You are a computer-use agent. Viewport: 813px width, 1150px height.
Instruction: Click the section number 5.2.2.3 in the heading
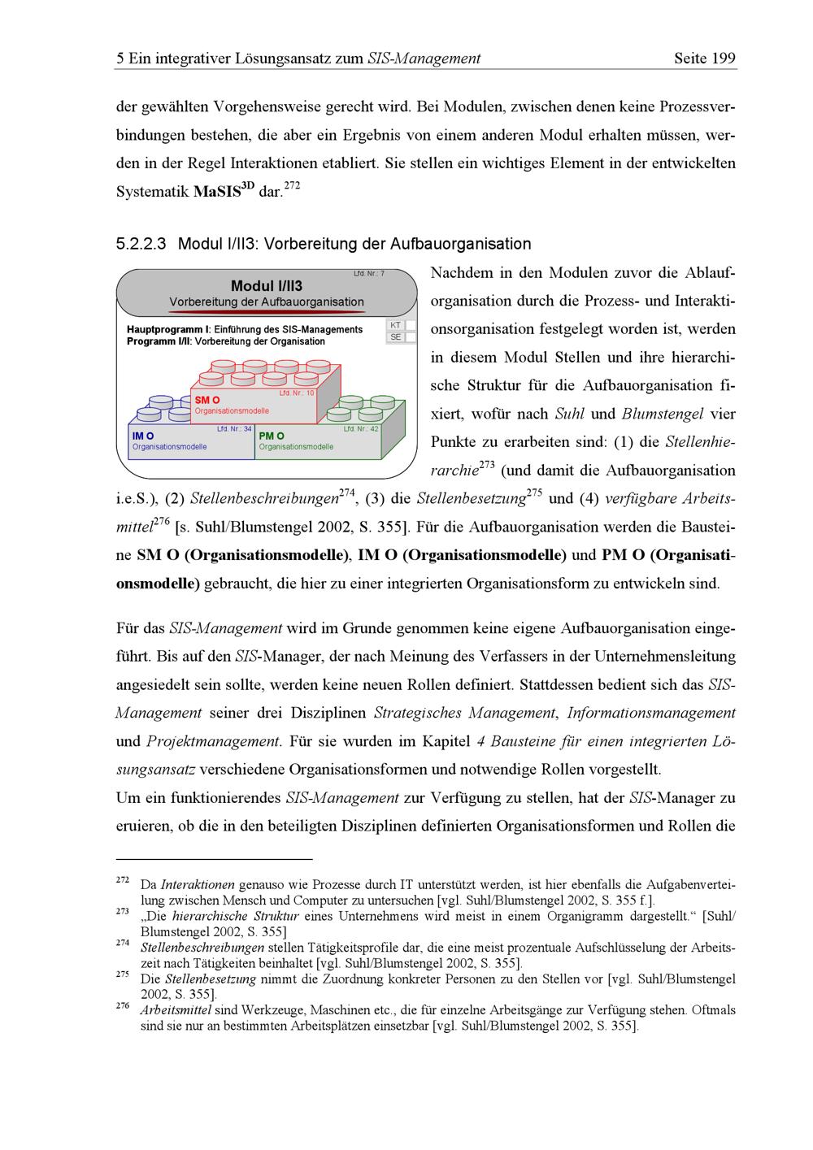click(x=141, y=244)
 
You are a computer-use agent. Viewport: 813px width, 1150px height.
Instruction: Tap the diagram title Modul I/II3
click(x=267, y=286)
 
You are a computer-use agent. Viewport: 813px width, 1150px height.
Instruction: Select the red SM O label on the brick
click(x=207, y=401)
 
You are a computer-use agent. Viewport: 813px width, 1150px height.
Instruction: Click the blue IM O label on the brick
click(x=143, y=436)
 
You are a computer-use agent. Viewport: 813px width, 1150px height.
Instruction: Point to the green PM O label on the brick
click(x=272, y=436)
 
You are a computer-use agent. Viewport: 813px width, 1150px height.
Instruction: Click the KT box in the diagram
click(x=395, y=325)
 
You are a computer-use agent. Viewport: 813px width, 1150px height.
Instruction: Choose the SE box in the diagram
click(x=395, y=336)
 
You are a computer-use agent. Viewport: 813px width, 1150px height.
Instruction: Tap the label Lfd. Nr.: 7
click(x=369, y=274)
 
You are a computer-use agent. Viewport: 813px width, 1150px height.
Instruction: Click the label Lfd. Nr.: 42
click(x=361, y=428)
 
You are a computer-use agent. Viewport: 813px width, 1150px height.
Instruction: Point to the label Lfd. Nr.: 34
click(x=234, y=428)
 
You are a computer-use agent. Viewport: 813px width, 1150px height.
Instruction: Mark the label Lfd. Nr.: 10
click(x=297, y=393)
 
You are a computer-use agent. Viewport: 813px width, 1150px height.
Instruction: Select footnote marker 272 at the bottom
click(x=123, y=880)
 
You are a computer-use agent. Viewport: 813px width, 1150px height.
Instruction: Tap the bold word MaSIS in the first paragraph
click(x=217, y=193)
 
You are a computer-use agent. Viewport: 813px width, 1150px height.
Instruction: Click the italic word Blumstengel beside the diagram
click(x=663, y=414)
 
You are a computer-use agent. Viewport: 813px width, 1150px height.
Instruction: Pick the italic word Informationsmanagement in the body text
click(x=651, y=714)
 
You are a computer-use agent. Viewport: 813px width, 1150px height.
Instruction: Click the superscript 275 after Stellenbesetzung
click(x=535, y=493)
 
